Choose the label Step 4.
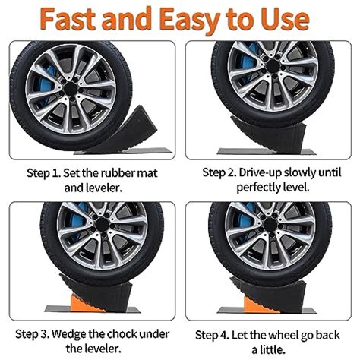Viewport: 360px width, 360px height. (215, 334)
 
